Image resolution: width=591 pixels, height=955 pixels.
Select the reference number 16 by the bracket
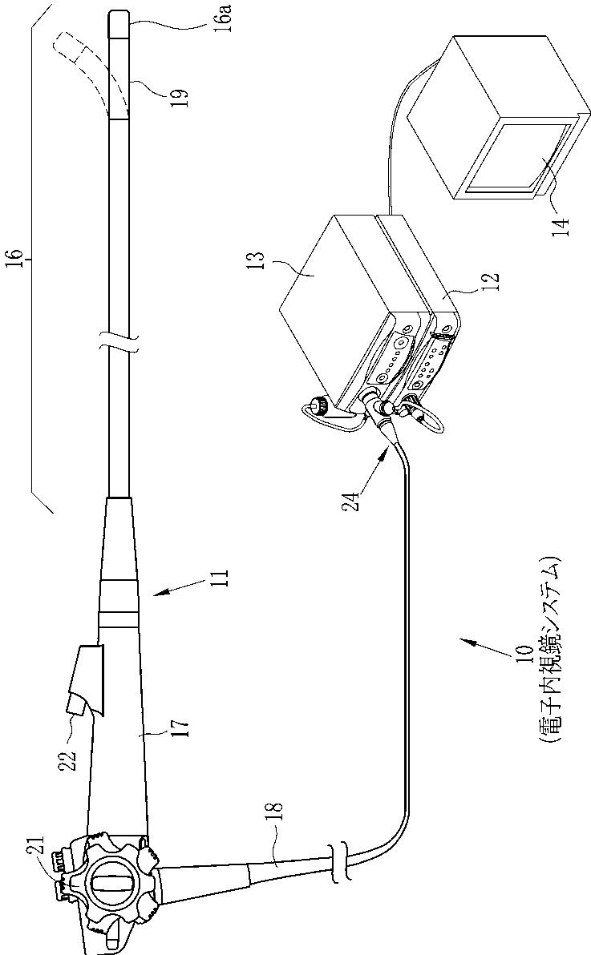[x=18, y=260]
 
